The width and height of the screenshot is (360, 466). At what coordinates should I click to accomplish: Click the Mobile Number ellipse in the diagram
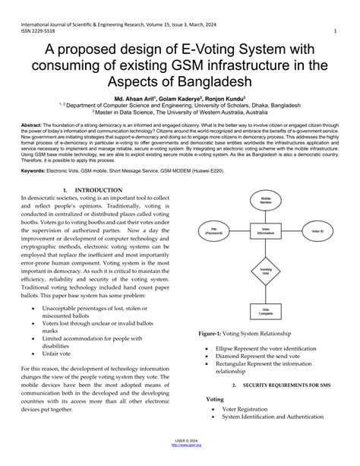tap(266, 202)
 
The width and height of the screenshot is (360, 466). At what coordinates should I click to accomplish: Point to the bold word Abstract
tap(32, 124)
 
